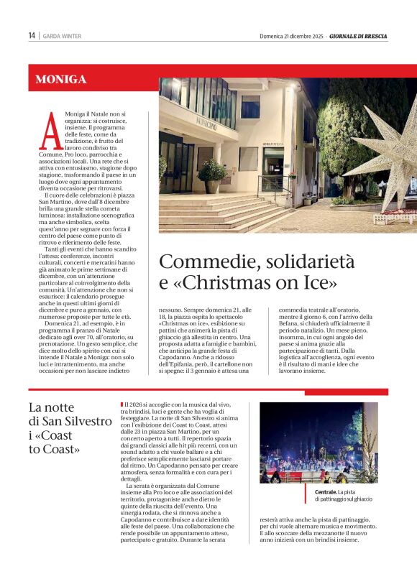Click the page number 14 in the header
click(32, 36)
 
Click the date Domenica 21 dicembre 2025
click(291, 36)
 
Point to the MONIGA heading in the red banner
click(60, 80)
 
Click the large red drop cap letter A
click(50, 134)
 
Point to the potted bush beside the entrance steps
click(213, 172)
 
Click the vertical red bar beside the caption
click(303, 494)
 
